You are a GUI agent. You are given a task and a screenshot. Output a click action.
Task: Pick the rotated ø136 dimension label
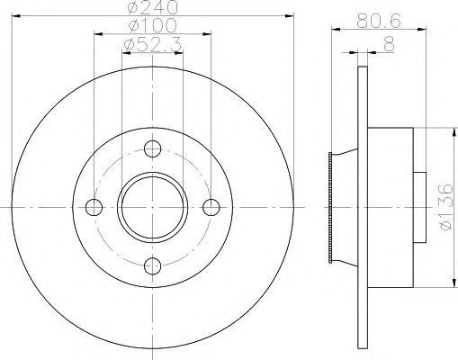[444, 209]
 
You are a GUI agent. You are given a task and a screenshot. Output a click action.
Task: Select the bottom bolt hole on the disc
[152, 265]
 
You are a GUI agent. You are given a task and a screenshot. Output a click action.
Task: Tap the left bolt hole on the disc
[94, 207]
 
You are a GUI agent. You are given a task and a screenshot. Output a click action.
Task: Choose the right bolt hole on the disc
[211, 207]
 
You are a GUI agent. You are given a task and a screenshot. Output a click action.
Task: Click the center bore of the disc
[152, 207]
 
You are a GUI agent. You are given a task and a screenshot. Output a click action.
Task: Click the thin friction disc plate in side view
[363, 207]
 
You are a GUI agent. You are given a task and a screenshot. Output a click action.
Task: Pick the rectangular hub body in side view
[390, 207]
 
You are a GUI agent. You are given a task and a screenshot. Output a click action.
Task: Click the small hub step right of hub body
[418, 207]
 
